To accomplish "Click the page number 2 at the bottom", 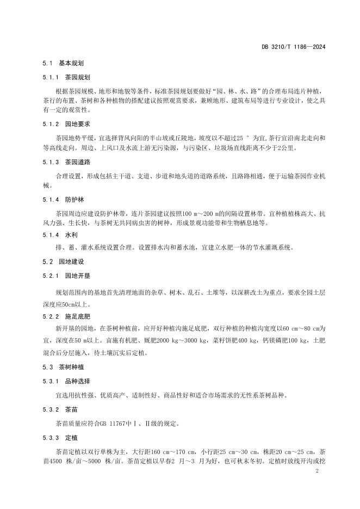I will tap(316, 473).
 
